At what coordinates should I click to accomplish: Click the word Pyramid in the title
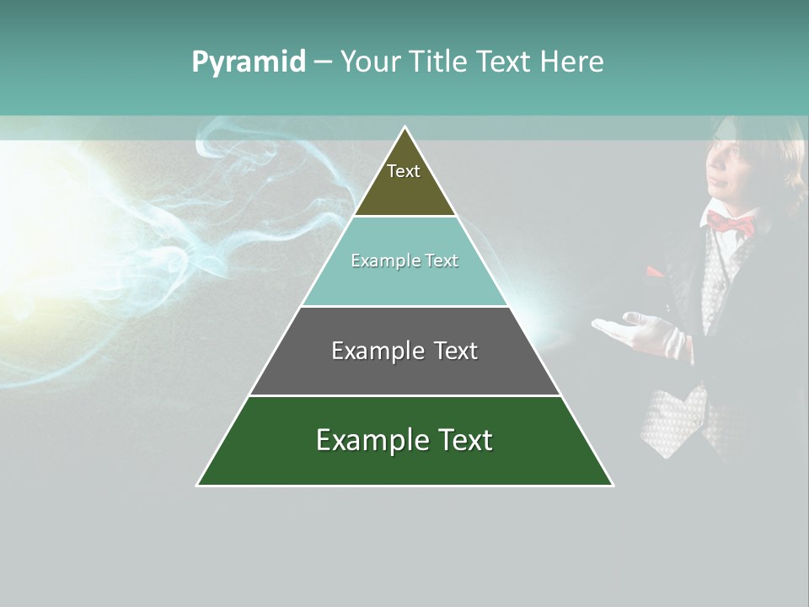click(249, 62)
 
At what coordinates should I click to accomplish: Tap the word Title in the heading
click(444, 62)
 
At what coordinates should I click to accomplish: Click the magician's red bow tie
click(731, 223)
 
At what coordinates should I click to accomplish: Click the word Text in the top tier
click(404, 171)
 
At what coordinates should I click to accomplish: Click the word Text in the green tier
click(462, 440)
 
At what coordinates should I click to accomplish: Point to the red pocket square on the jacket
click(654, 273)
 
